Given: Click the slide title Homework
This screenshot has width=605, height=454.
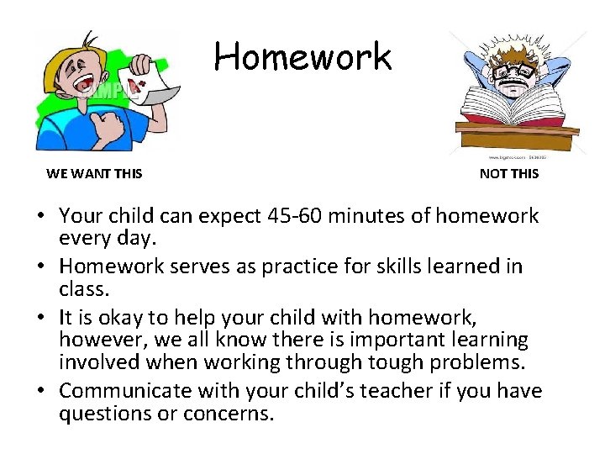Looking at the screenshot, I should pyautogui.click(x=302, y=57).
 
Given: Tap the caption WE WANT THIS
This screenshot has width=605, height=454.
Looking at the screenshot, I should pyautogui.click(x=94, y=174).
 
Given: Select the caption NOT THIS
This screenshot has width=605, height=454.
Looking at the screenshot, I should pyautogui.click(x=509, y=174).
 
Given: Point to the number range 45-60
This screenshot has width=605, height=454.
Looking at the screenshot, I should pyautogui.click(x=292, y=216).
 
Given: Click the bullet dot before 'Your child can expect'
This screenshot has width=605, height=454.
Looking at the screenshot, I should pyautogui.click(x=39, y=217).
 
